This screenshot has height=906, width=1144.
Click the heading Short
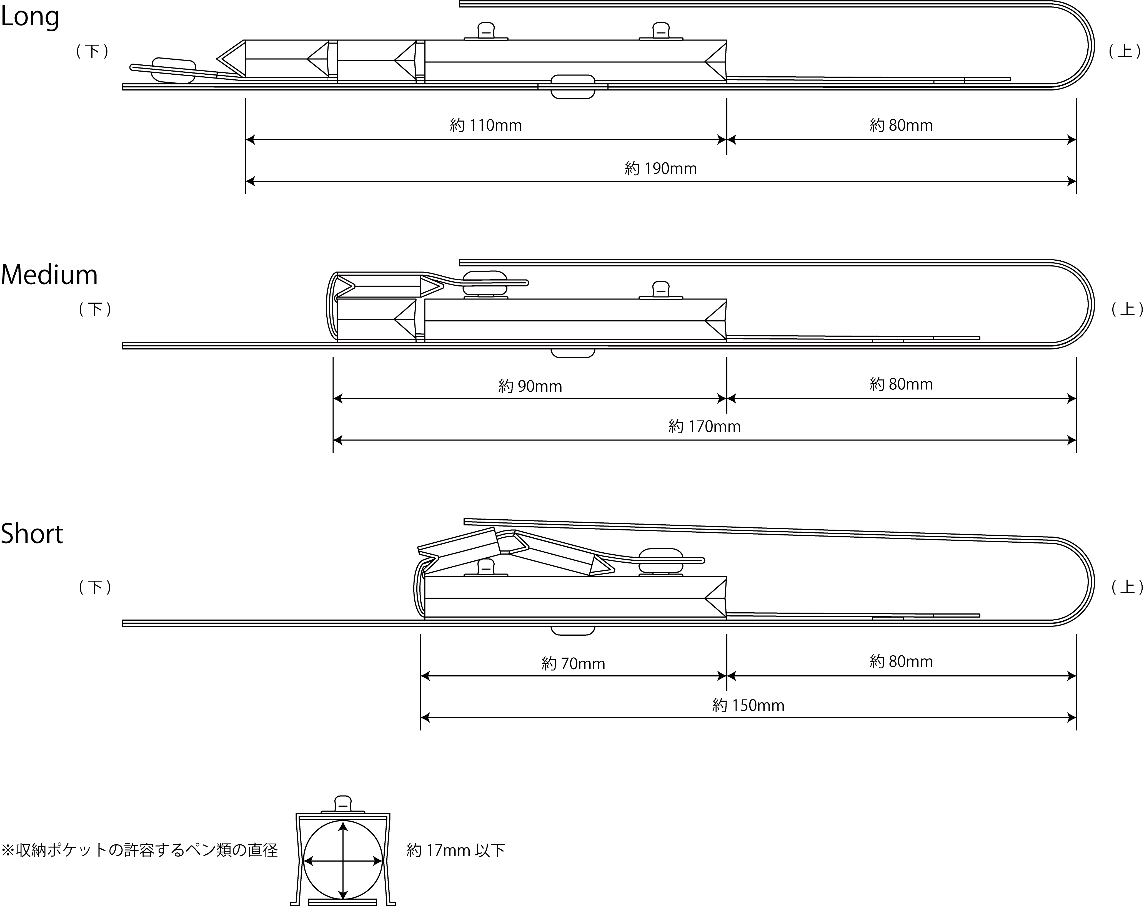32,533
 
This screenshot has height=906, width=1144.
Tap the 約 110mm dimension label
485,125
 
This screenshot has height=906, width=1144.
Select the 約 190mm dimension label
661,169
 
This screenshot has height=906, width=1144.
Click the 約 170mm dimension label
704,426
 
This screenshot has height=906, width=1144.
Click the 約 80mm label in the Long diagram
901,125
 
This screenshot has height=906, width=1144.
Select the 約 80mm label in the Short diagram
901,661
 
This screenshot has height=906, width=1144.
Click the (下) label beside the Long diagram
93,51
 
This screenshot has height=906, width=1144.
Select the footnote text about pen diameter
139,850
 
